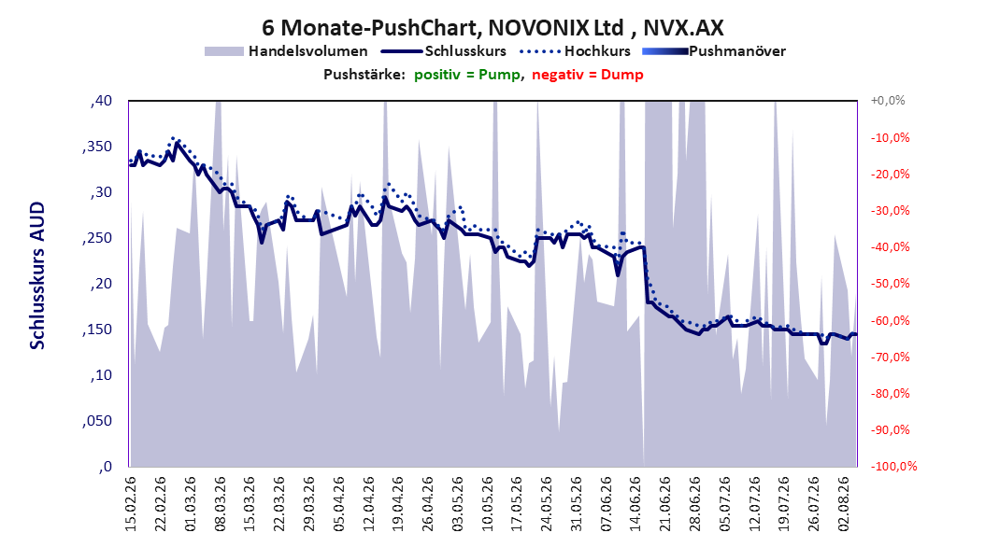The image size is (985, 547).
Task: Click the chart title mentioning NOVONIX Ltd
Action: click(x=492, y=28)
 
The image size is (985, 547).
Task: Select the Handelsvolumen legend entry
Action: click(x=287, y=51)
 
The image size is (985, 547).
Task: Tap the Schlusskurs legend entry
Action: click(x=444, y=51)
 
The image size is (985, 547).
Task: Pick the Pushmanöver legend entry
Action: click(x=714, y=51)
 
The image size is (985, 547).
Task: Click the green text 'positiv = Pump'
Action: click(x=466, y=75)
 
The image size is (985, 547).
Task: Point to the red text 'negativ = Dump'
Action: click(x=588, y=75)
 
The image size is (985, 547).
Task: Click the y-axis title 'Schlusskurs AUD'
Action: click(x=37, y=275)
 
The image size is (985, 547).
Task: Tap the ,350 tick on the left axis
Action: click(x=97, y=147)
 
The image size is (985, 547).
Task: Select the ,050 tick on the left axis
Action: click(x=97, y=421)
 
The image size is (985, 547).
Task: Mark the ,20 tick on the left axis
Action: click(x=101, y=284)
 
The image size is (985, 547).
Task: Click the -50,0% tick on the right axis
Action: click(x=890, y=284)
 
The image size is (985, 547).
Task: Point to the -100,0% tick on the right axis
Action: click(x=893, y=466)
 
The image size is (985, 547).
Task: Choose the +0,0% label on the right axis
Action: click(x=888, y=101)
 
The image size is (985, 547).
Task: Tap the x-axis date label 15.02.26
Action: click(x=131, y=504)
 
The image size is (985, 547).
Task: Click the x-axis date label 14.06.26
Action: click(x=636, y=504)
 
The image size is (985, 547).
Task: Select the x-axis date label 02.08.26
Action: click(x=844, y=504)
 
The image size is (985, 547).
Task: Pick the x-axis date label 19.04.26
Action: click(x=398, y=504)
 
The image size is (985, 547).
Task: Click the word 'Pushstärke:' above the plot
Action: click(x=364, y=75)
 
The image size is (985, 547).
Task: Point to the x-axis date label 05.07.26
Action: click(x=725, y=504)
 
